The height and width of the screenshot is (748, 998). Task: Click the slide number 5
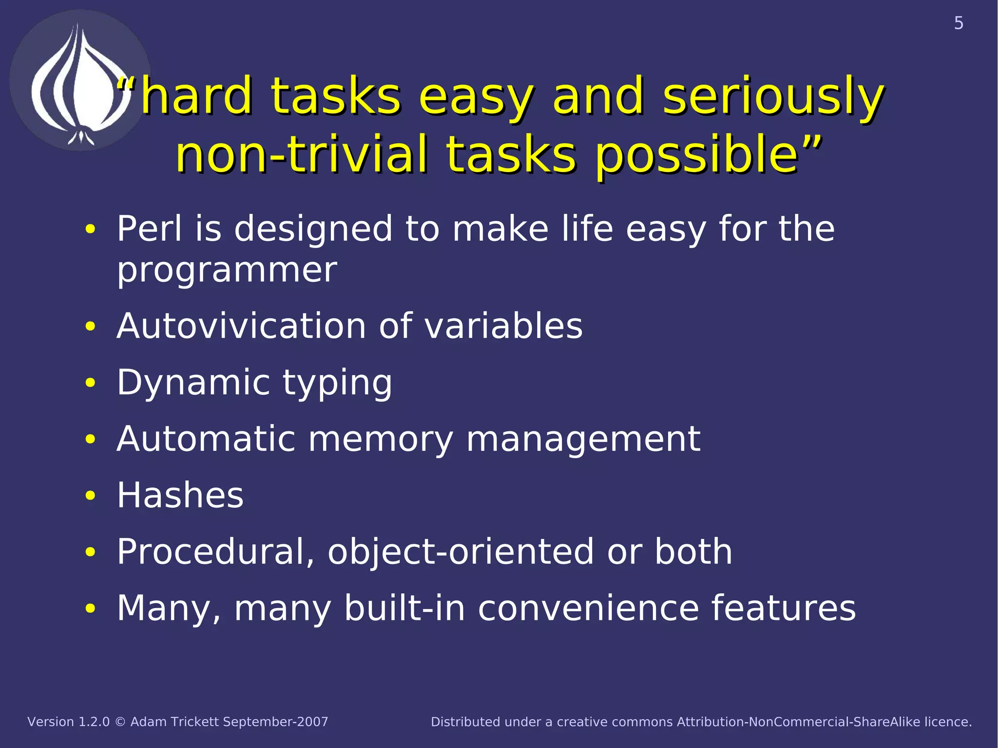(x=958, y=23)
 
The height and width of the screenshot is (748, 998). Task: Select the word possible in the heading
(x=697, y=155)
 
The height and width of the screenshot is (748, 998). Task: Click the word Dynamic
(x=193, y=383)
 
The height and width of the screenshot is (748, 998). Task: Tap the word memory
(x=381, y=439)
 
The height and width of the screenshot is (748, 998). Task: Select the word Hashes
(x=180, y=495)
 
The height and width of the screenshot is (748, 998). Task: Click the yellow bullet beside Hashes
(x=90, y=496)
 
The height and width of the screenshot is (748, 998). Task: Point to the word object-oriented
(x=461, y=552)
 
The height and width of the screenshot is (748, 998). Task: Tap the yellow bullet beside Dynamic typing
(x=90, y=383)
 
